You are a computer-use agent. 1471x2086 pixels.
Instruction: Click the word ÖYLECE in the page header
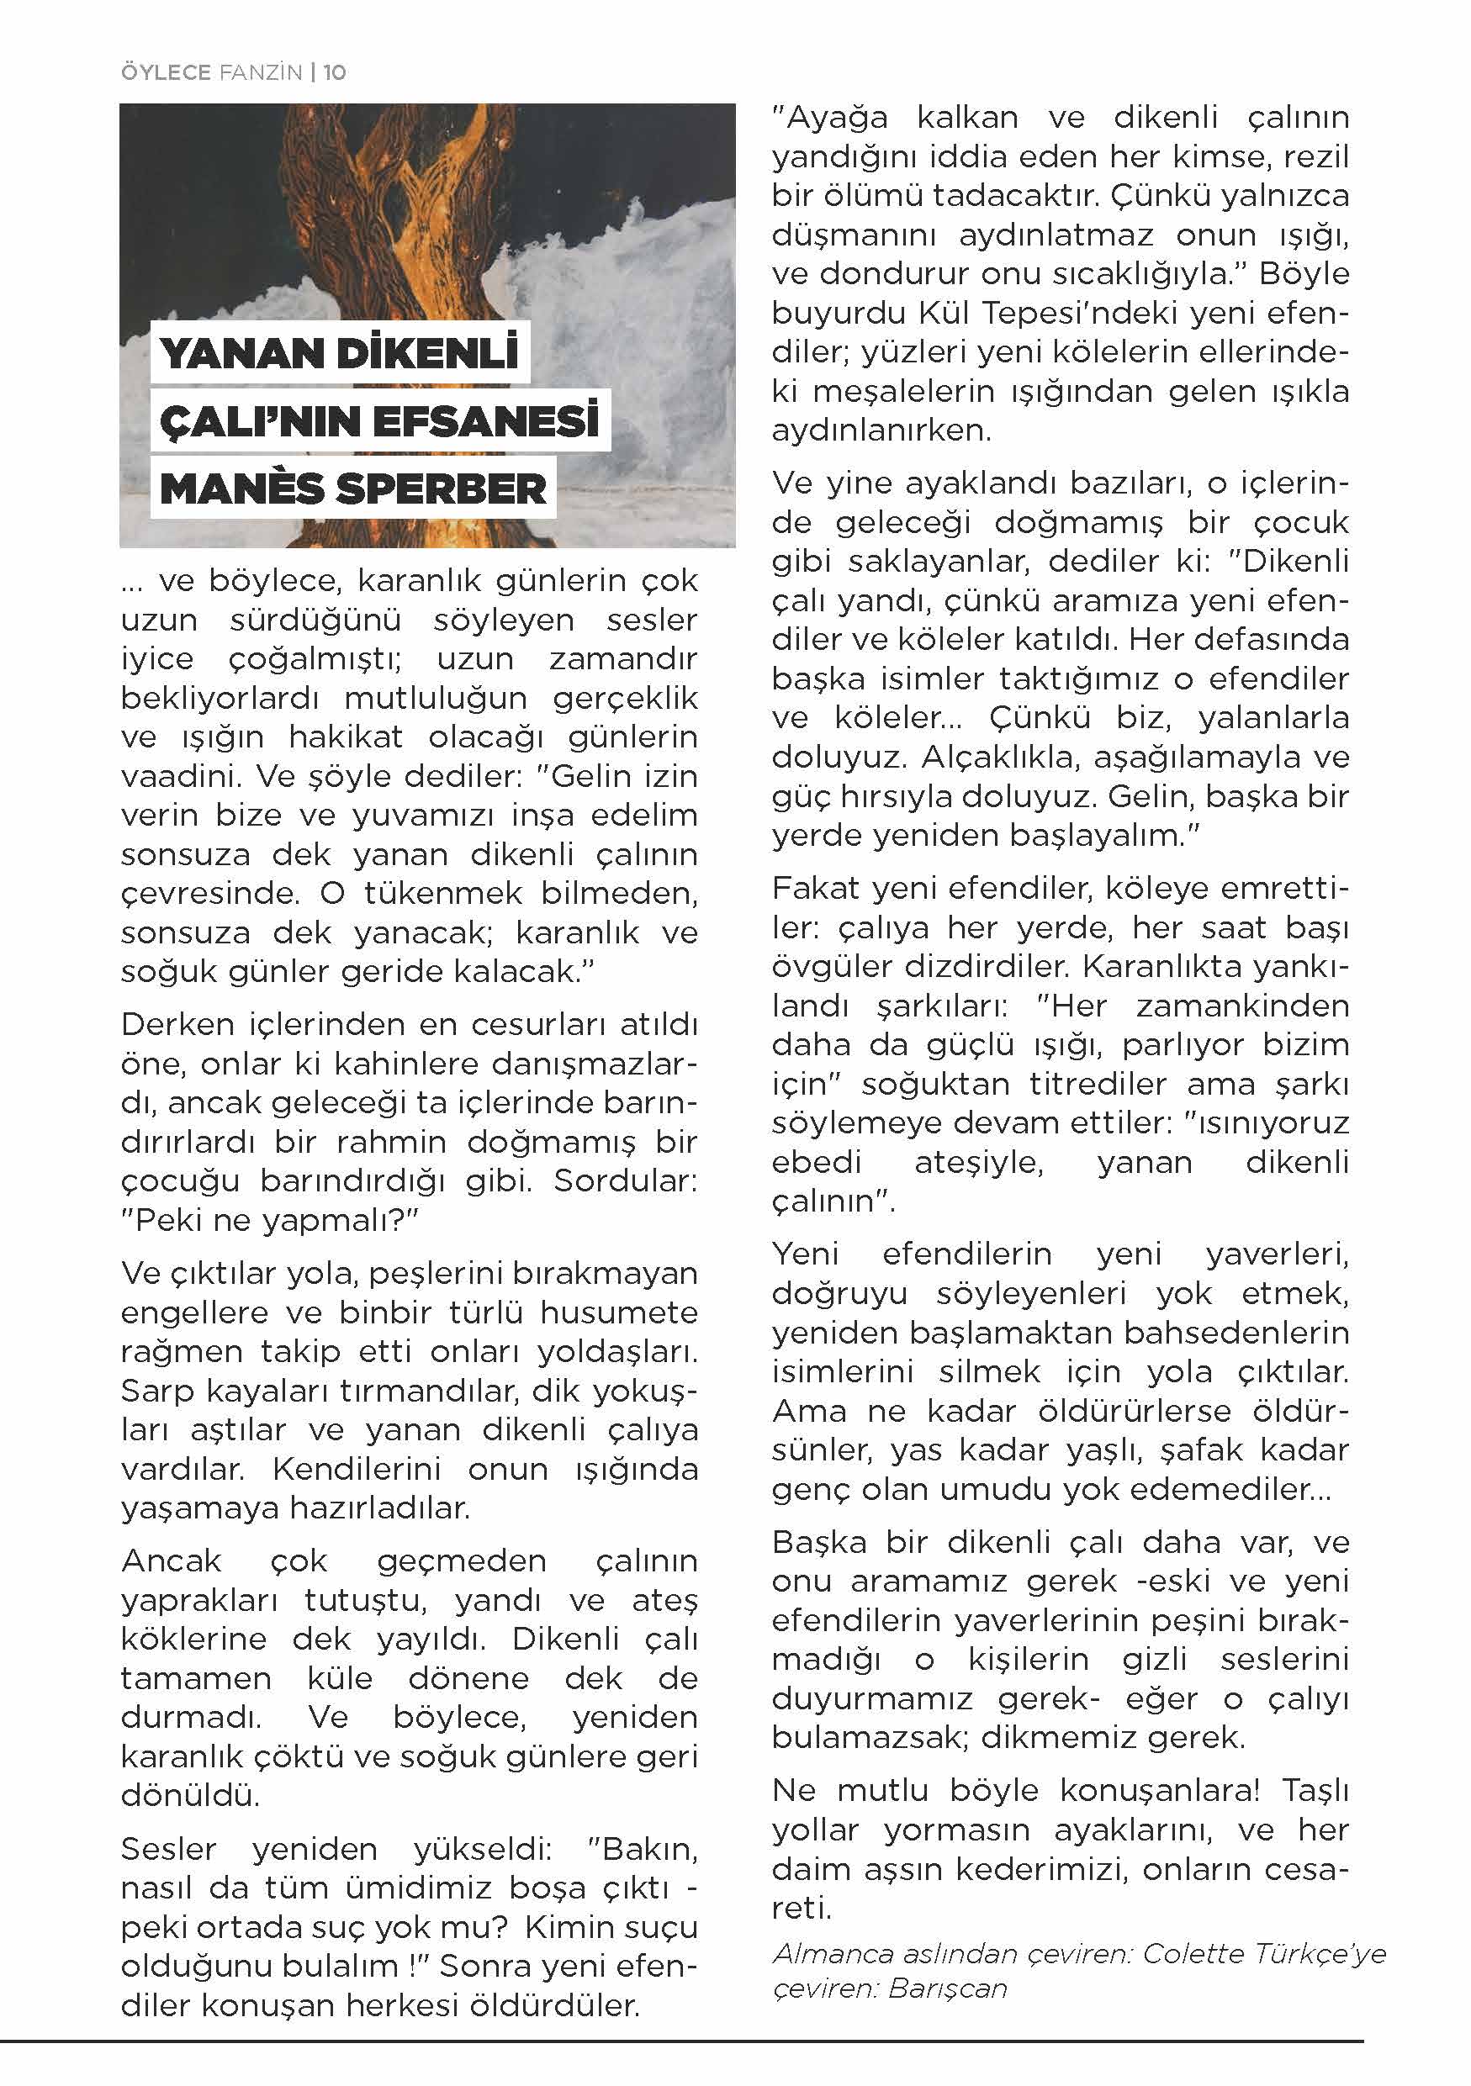[166, 72]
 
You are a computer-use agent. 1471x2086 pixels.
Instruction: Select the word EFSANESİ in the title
[486, 421]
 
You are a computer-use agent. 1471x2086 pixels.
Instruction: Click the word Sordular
[625, 1180]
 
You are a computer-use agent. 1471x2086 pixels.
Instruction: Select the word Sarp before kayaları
[158, 1391]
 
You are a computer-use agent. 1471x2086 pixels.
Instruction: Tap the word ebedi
[816, 1162]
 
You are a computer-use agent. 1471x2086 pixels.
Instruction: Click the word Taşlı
[1315, 1791]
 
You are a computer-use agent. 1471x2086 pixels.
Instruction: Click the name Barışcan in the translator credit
[948, 1988]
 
